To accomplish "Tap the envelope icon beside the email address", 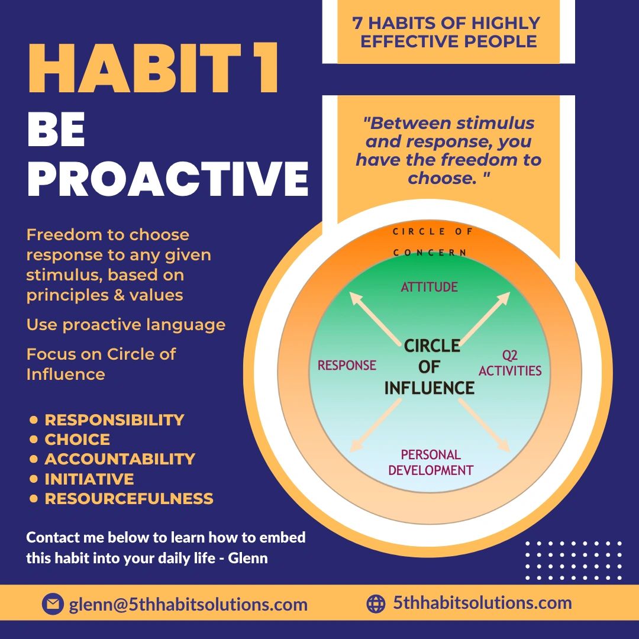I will coord(53,604).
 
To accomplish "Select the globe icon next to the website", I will coord(376,603).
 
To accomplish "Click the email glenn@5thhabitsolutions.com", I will coord(188,605).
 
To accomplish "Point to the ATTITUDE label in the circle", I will coord(430,288).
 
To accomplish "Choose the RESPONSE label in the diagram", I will coord(347,365).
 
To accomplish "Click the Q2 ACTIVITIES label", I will coord(509,364).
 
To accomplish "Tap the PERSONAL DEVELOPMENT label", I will coord(431,463).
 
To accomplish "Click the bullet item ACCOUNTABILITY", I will coord(120,459).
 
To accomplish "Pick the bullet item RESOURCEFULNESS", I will coord(129,499).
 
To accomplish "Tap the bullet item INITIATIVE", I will coord(89,479).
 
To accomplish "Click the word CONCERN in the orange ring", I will coord(430,253).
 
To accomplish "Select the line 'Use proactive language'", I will coord(125,325).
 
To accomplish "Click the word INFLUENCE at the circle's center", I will coord(430,388).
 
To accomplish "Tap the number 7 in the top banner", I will coord(357,23).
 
